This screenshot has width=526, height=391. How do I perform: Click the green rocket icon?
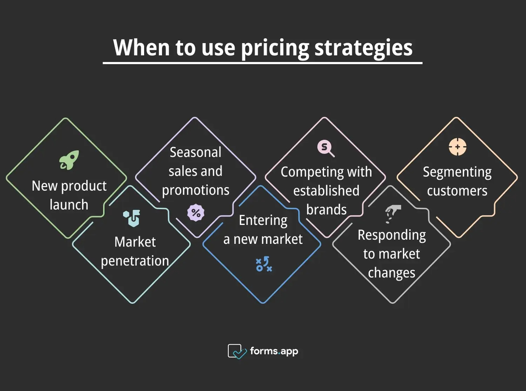[x=69, y=160]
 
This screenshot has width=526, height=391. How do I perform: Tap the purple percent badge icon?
[x=196, y=213]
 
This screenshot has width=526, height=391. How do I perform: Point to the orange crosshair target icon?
[x=457, y=147]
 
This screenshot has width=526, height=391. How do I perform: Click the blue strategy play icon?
[x=264, y=264]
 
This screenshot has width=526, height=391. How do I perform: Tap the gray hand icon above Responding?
[x=391, y=213]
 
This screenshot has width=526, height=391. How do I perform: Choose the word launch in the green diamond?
[x=69, y=204]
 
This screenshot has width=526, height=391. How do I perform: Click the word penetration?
[x=135, y=261]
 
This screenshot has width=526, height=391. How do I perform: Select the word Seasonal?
[x=196, y=152]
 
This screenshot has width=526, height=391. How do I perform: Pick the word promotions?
[x=196, y=190]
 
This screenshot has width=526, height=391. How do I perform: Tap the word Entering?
[x=263, y=220]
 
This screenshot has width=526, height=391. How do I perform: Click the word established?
[x=326, y=190]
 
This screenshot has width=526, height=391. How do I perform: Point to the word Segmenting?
[x=457, y=172]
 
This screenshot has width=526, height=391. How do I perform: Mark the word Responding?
[x=392, y=235]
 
